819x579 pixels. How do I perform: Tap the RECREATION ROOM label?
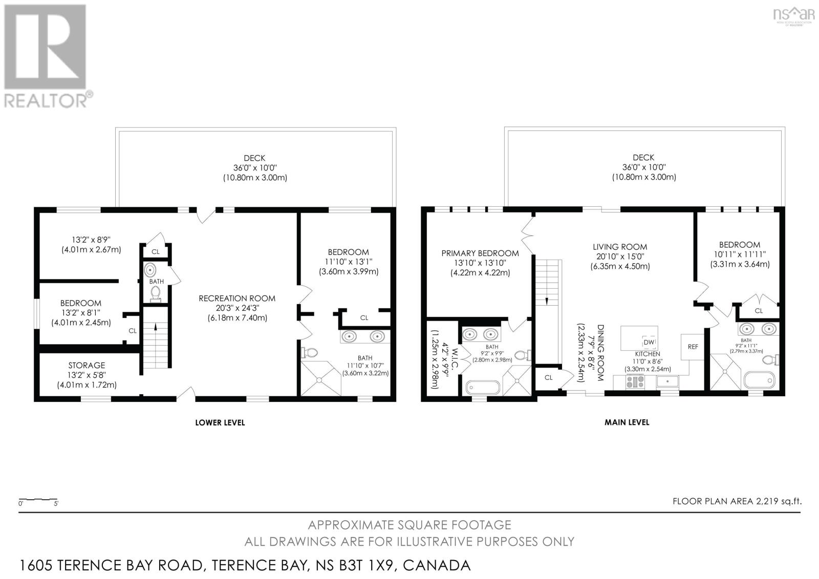coord(237,298)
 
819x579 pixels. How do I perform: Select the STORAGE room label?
coord(87,366)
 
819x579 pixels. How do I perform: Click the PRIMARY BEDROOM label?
coord(480,253)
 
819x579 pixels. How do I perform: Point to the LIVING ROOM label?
coord(620,247)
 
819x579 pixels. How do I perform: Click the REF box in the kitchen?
coord(693,347)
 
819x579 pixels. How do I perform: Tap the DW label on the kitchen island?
coord(649,342)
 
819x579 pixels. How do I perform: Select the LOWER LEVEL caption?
coord(220,423)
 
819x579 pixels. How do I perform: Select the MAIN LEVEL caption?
coord(627,422)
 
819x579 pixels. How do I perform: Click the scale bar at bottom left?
coord(38,499)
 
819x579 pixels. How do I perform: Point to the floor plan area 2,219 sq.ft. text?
coord(737,501)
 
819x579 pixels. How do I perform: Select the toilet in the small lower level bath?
coord(156,293)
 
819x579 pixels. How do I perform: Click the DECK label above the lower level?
coord(254,159)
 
